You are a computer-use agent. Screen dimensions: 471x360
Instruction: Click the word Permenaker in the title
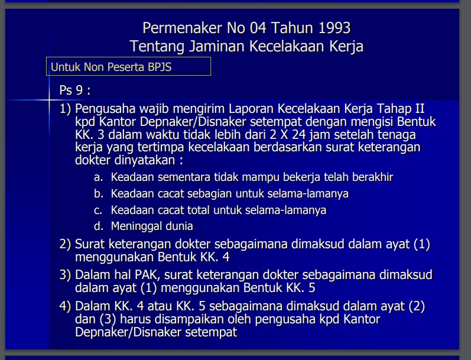coord(183,28)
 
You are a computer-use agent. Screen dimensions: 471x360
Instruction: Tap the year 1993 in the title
coord(334,28)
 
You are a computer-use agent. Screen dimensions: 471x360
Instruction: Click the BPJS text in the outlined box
coord(160,67)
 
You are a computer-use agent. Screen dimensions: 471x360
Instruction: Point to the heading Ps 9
coord(75,90)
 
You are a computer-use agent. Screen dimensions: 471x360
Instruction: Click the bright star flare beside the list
coord(49,100)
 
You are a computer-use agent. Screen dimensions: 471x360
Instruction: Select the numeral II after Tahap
coord(420,109)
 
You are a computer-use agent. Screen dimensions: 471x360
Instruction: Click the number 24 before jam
coord(299,134)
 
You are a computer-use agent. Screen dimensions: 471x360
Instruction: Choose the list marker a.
coord(98,177)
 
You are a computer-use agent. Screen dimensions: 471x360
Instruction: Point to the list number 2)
coord(65,244)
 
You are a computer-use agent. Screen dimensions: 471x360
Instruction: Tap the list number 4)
coord(65,306)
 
